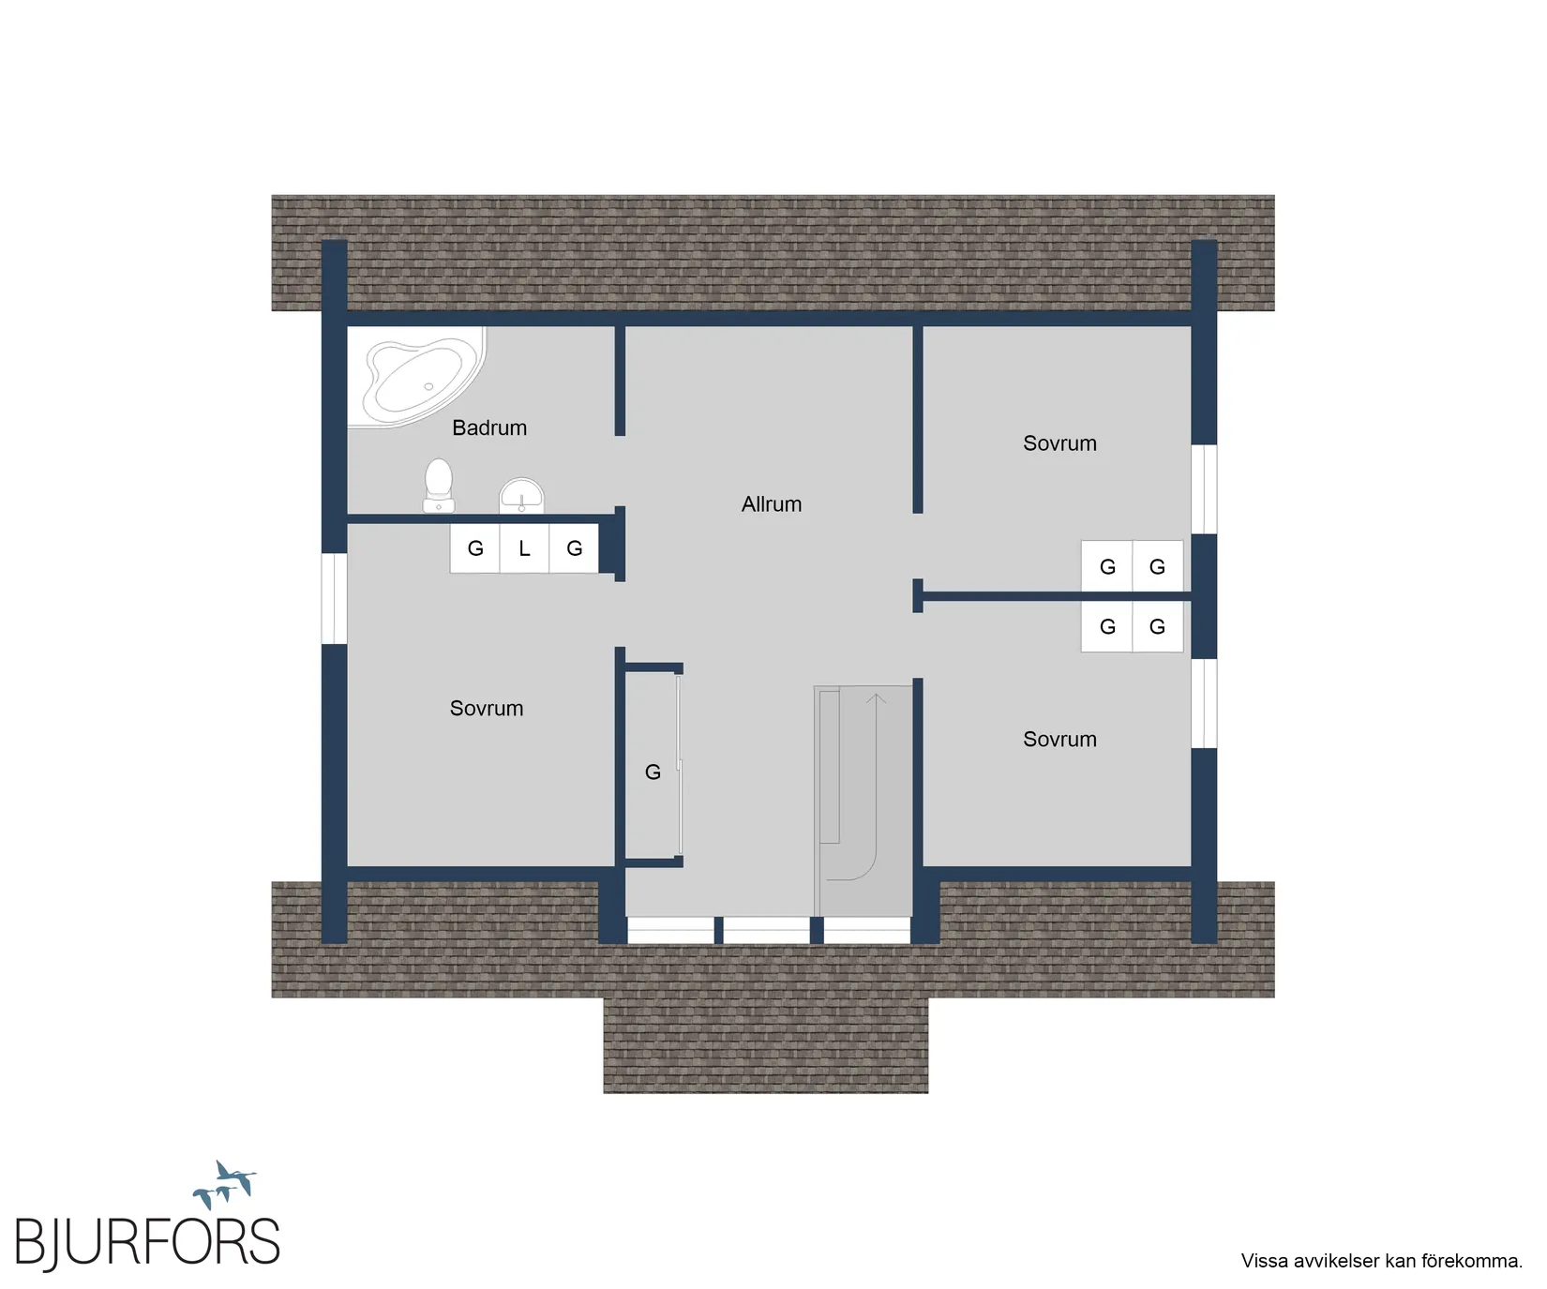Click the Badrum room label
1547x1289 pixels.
(x=489, y=427)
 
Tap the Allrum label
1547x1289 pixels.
(x=772, y=504)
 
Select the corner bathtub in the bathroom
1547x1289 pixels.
(x=418, y=378)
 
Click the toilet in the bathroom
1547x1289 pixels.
(x=439, y=486)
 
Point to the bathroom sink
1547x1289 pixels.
(x=521, y=496)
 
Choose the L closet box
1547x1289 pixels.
(x=524, y=548)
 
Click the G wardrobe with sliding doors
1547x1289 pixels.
(x=653, y=765)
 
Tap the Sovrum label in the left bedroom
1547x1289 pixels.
(x=487, y=709)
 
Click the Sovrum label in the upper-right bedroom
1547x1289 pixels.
(x=1059, y=443)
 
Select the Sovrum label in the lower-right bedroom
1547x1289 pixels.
(x=1059, y=740)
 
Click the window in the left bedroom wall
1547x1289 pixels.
(x=335, y=599)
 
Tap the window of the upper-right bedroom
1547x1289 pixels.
(x=1204, y=489)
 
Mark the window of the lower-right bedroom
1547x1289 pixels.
(x=1204, y=703)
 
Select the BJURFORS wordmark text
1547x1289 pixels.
(x=147, y=1242)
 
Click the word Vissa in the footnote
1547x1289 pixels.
(x=1265, y=1261)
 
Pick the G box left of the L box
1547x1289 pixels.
(x=475, y=548)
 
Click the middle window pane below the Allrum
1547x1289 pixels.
(x=766, y=930)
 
